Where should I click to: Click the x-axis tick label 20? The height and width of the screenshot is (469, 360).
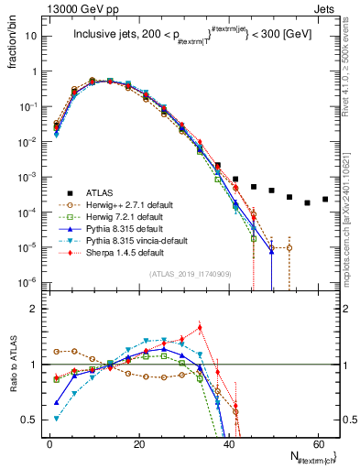click(x=138, y=442)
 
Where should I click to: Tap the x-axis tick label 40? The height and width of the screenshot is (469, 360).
click(x=228, y=442)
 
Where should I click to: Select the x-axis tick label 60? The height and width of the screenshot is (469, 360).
click(x=317, y=442)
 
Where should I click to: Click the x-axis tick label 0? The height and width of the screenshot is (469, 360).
click(x=49, y=442)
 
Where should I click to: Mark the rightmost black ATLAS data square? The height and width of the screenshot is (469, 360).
click(x=325, y=199)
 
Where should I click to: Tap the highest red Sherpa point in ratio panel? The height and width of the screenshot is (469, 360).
click(x=200, y=327)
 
